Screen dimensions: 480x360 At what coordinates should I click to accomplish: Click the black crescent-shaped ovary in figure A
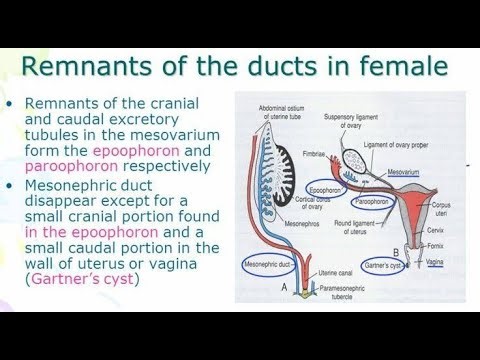tap(286, 151)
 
